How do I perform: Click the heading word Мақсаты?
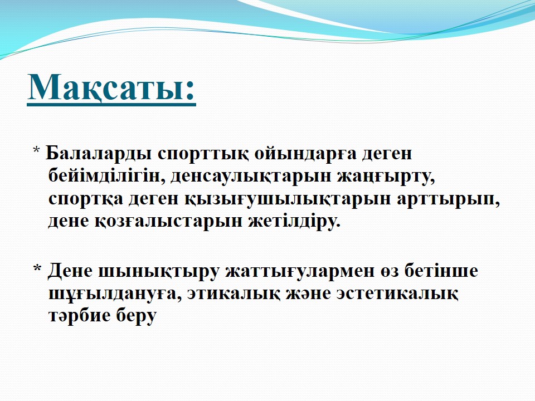click(x=106, y=87)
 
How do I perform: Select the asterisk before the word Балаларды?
click(x=37, y=150)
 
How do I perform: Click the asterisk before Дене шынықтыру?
click(x=37, y=268)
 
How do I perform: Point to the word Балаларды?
click(x=99, y=154)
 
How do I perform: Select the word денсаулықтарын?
click(x=251, y=177)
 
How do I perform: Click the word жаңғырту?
click(x=386, y=177)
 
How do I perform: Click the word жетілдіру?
click(x=294, y=221)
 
